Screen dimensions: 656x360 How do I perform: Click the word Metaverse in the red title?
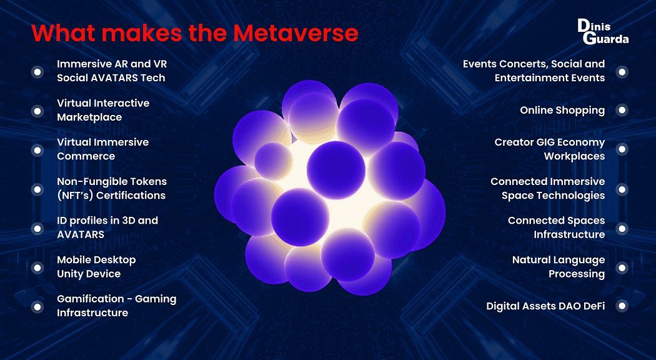(x=296, y=33)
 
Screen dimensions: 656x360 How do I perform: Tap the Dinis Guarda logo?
(x=604, y=31)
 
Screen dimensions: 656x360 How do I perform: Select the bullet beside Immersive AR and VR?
(x=37, y=72)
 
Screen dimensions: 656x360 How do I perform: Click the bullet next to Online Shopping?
(x=622, y=110)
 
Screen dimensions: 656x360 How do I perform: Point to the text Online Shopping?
(x=562, y=111)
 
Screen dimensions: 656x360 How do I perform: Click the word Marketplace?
(x=89, y=117)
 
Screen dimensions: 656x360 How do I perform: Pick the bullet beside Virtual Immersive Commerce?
(x=37, y=150)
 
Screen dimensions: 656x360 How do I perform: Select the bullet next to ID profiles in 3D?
(x=37, y=229)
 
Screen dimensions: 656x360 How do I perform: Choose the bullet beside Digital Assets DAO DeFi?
(x=622, y=306)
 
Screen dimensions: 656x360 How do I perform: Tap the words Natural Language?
(x=559, y=261)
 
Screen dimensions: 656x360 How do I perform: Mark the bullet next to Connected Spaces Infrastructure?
(x=622, y=229)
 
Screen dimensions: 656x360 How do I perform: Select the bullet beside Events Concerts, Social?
(x=622, y=72)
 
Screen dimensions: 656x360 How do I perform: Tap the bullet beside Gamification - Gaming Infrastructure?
(x=37, y=307)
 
